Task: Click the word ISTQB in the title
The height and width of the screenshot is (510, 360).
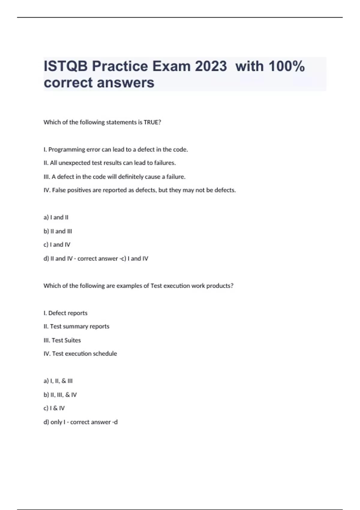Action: (66, 66)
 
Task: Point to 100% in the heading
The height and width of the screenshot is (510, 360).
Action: (286, 66)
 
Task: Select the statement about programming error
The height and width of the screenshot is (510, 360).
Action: (115, 149)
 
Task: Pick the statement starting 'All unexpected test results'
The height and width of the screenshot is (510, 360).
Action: (109, 163)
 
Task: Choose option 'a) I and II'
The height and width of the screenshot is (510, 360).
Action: (56, 217)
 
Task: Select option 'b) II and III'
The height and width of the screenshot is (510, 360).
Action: (58, 231)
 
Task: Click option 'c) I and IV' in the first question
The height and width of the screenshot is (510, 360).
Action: (57, 244)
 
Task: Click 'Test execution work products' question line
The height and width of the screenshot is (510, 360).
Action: (138, 286)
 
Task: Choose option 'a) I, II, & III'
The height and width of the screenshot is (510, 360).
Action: (58, 381)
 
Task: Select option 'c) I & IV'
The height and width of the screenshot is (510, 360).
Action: (54, 408)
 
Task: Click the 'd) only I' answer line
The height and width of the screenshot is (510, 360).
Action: (80, 422)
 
